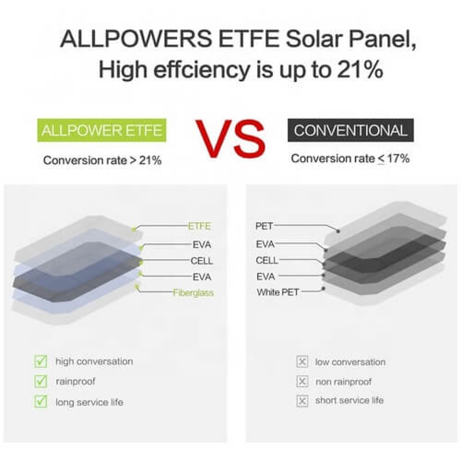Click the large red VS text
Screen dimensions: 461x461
pyautogui.click(x=230, y=139)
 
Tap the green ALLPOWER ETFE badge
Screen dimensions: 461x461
pyautogui.click(x=102, y=130)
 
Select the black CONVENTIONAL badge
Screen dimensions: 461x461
pyautogui.click(x=350, y=130)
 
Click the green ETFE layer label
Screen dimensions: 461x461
pyautogui.click(x=199, y=226)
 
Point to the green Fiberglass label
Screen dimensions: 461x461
pyautogui.click(x=193, y=293)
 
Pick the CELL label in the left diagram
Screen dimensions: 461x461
pyautogui.click(x=201, y=261)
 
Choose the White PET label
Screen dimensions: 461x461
pyautogui.click(x=278, y=292)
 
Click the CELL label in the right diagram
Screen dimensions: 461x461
pyautogui.click(x=266, y=260)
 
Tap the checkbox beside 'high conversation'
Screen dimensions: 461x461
pyautogui.click(x=41, y=361)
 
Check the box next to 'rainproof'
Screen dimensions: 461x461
pyautogui.click(x=41, y=381)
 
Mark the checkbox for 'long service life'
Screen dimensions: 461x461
pyautogui.click(x=41, y=402)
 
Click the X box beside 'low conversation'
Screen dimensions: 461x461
pyautogui.click(x=302, y=362)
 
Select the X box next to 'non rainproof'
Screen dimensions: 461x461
pyautogui.click(x=302, y=382)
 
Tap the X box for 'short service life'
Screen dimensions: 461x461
pyautogui.click(x=302, y=401)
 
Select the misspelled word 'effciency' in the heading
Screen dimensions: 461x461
pyautogui.click(x=202, y=71)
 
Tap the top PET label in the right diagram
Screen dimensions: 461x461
pyautogui.click(x=264, y=226)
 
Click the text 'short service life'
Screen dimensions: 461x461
pyautogui.click(x=349, y=401)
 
